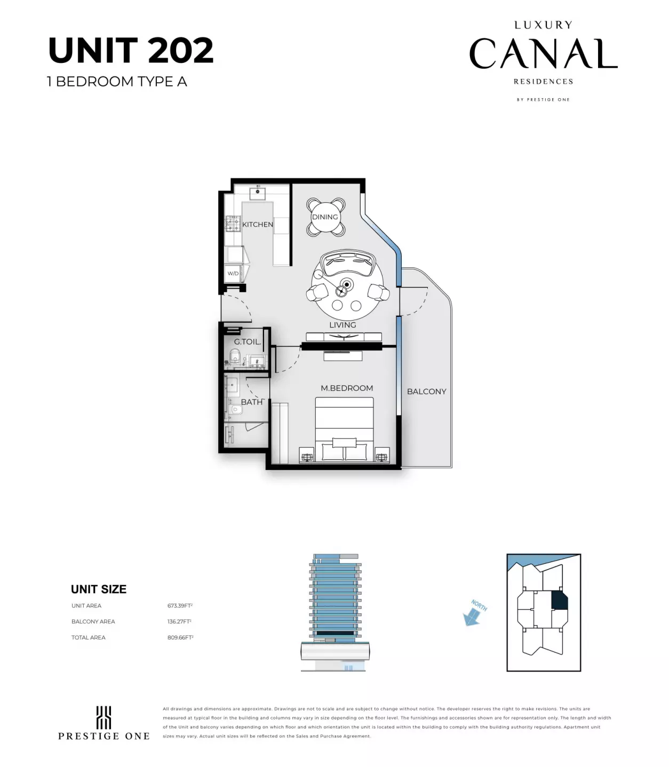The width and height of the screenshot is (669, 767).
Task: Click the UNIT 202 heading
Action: coord(131,51)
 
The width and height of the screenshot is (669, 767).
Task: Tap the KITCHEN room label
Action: coord(258,225)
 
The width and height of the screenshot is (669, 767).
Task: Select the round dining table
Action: coord(325,217)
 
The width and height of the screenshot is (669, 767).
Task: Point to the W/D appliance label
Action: coord(233,274)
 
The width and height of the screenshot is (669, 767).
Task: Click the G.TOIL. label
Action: coord(248,342)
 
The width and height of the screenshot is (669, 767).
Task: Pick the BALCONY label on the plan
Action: coord(426,392)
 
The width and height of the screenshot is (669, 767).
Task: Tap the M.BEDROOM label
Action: coord(347,388)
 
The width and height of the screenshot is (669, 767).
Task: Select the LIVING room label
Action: coord(343,325)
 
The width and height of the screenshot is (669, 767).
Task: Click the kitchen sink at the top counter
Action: coord(258,193)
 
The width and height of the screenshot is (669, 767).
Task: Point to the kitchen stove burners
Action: coord(233,223)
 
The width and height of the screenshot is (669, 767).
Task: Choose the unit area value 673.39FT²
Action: coord(180,606)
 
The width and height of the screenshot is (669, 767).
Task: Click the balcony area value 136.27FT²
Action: coord(179,622)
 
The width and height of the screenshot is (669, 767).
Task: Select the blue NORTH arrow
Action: coord(472,616)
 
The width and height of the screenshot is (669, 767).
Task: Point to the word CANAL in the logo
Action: coord(543,54)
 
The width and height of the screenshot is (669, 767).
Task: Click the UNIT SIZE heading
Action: coord(99,589)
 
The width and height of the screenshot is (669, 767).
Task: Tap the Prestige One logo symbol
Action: coord(103,717)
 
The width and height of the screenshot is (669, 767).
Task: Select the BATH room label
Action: coord(252,402)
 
